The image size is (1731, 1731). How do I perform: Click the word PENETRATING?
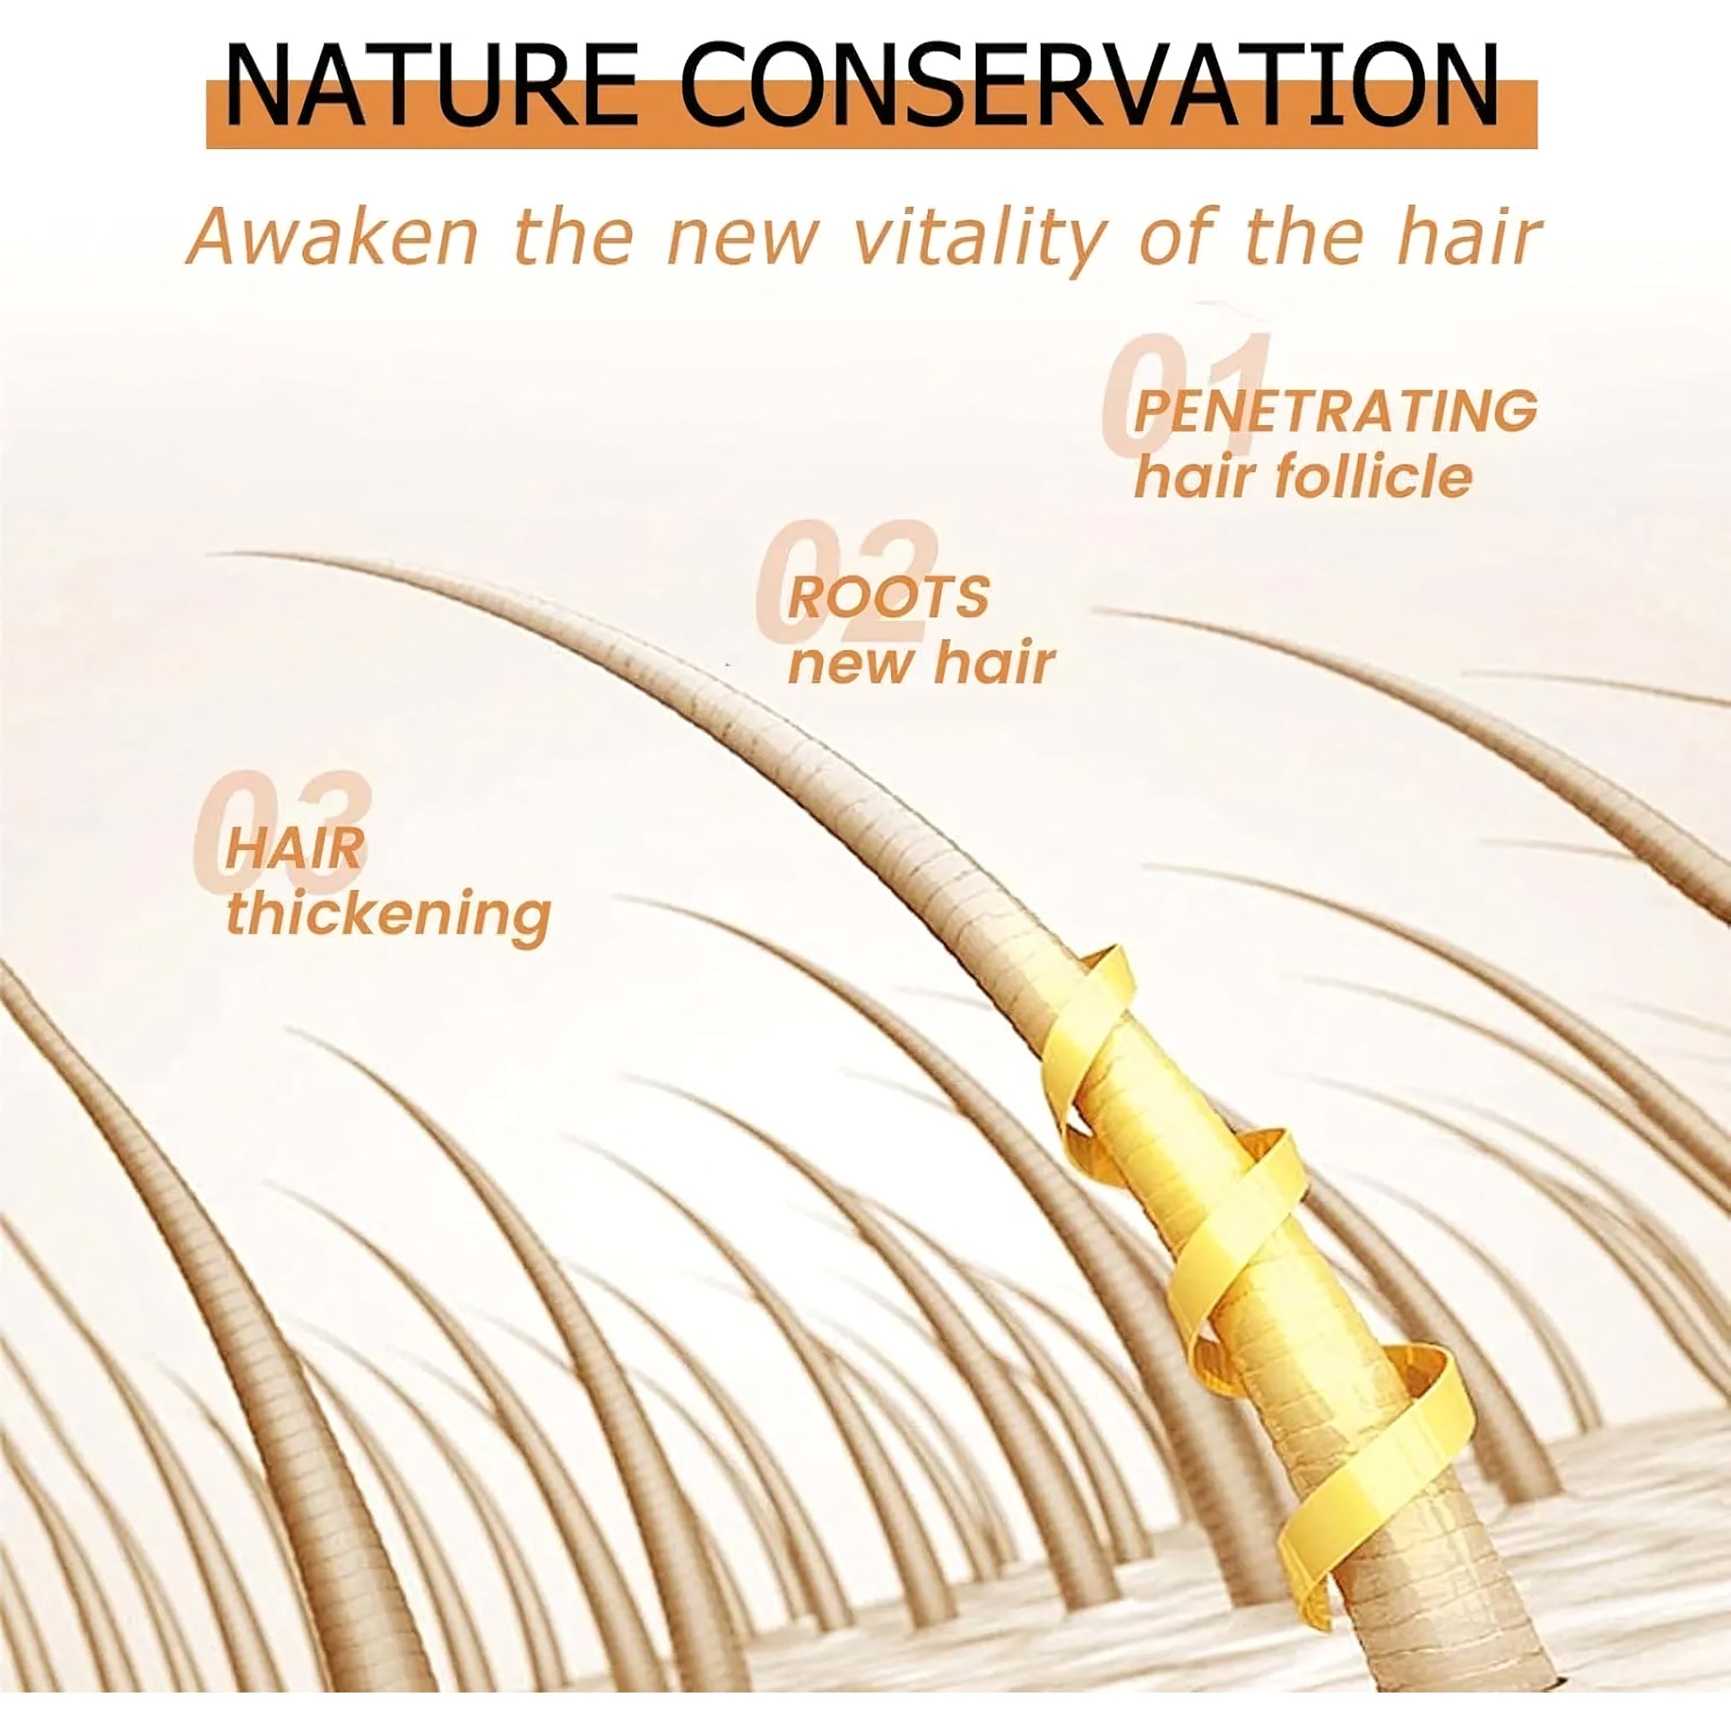[x=1335, y=411]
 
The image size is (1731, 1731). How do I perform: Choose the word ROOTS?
[x=888, y=597]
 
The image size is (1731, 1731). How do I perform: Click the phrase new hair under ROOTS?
[x=921, y=663]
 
